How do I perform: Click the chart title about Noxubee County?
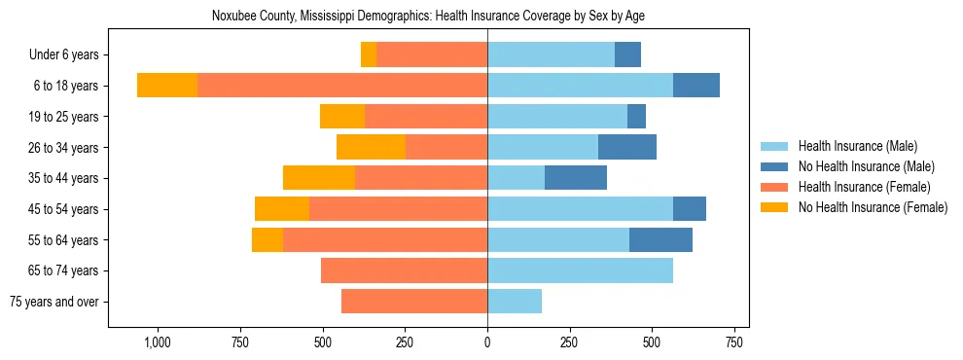428,16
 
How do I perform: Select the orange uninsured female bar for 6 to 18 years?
167,86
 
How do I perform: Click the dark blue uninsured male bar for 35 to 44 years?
576,178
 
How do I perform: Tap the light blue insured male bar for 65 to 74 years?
580,270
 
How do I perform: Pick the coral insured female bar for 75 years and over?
414,302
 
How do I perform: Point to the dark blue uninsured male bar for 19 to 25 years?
636,117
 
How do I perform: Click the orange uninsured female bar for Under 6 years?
369,54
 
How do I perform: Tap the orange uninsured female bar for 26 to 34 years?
371,147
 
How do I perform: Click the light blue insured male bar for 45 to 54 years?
580,209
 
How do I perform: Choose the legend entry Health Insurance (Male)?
856,146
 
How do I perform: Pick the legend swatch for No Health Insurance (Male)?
775,166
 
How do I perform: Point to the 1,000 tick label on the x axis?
158,342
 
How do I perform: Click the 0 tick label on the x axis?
487,342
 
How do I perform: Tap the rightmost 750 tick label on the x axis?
734,342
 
